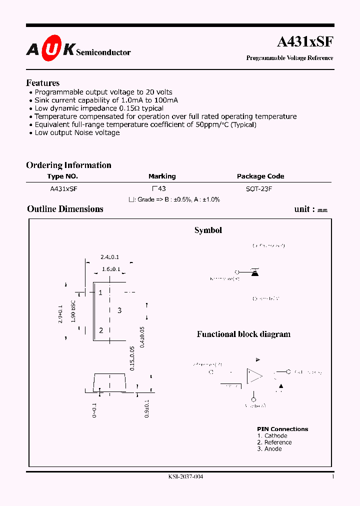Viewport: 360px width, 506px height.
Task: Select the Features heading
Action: point(42,83)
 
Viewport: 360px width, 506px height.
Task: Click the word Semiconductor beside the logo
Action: point(103,52)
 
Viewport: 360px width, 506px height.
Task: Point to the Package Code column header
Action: point(260,176)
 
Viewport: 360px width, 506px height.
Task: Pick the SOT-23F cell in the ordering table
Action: point(259,189)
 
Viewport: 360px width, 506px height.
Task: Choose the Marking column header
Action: point(162,176)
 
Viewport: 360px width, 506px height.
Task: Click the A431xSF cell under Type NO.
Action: point(63,189)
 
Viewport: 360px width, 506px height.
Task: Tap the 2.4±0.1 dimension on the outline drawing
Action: point(109,257)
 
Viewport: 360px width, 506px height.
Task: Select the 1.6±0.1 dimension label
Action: point(110,269)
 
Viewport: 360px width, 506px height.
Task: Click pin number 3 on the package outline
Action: point(119,310)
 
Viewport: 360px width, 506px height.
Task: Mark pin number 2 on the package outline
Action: point(101,330)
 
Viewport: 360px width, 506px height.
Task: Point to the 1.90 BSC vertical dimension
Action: point(73,311)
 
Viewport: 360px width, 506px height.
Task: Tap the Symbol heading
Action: point(208,230)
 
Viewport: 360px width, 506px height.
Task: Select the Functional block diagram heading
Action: point(243,334)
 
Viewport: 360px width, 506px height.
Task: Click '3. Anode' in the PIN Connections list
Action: point(269,449)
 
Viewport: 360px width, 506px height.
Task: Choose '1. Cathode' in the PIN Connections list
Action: point(272,436)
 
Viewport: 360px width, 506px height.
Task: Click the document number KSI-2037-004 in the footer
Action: point(186,476)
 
